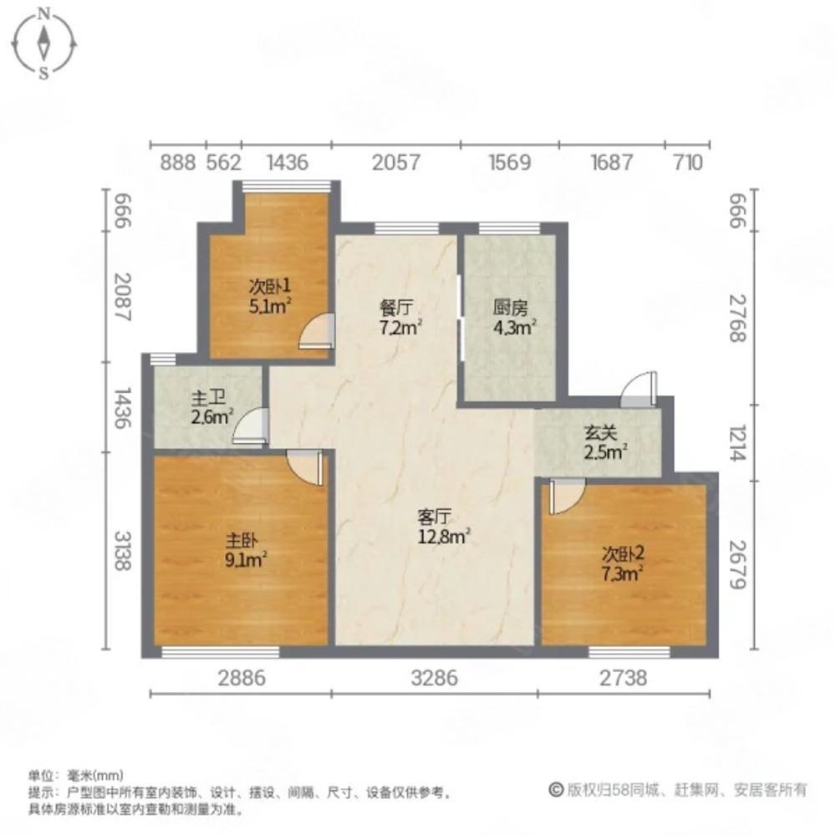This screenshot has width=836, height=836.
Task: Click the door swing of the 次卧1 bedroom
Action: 317,331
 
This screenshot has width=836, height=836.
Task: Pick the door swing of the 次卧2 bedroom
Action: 563,496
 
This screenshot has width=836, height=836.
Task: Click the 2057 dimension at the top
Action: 395,162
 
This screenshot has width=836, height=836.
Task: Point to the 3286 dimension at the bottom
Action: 434,678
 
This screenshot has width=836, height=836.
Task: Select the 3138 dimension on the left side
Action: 122,551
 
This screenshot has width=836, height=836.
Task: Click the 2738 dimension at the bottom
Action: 624,678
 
